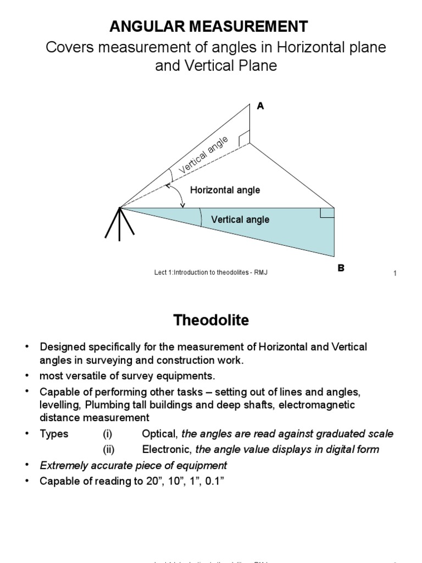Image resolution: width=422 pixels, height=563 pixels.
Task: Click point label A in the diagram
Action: point(260,106)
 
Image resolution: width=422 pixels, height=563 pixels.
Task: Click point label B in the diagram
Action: point(341,268)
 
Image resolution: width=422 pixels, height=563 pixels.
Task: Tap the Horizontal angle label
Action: point(225,190)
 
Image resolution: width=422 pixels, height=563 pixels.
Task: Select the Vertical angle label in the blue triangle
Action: point(240,219)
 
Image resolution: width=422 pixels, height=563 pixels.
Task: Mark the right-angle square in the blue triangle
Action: point(327,213)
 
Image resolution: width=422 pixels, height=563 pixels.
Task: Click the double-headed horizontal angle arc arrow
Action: point(176,195)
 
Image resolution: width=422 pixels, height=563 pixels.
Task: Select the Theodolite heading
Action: point(212,320)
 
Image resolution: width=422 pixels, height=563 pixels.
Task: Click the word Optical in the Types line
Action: point(160,434)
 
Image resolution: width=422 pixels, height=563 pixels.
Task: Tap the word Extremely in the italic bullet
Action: point(62,466)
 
